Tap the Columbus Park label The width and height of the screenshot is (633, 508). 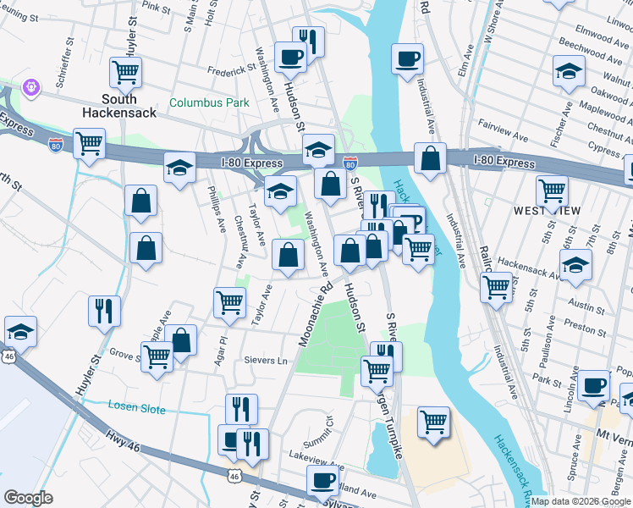(209, 102)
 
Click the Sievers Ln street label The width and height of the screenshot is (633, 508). (265, 361)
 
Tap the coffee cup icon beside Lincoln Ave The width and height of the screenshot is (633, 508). (595, 384)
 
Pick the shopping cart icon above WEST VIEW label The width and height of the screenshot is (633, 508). (552, 189)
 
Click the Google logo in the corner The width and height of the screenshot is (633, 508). (28, 498)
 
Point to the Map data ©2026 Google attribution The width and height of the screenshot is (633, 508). (581, 501)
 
